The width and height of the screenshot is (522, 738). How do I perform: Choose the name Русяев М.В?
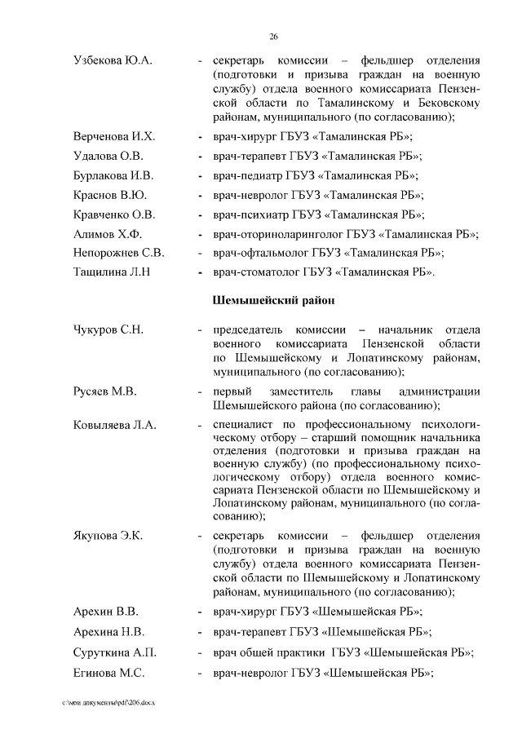click(104, 391)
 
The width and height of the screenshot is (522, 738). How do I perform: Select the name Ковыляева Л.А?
click(114, 426)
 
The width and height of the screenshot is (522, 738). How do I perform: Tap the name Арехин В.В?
click(105, 612)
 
